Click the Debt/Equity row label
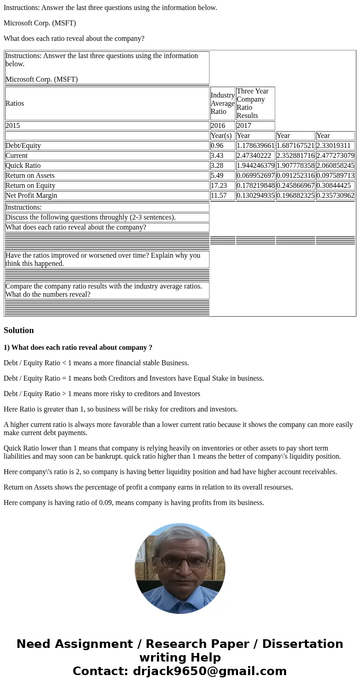23,146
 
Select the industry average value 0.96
217,146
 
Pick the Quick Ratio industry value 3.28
217,166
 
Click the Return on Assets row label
30,176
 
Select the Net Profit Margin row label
31,196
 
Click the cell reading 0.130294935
255,196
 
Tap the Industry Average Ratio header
223,103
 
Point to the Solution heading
19,330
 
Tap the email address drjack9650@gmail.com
209,671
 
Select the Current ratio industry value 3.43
217,156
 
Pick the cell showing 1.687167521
295,146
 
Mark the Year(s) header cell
221,136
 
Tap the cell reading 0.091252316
295,176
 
